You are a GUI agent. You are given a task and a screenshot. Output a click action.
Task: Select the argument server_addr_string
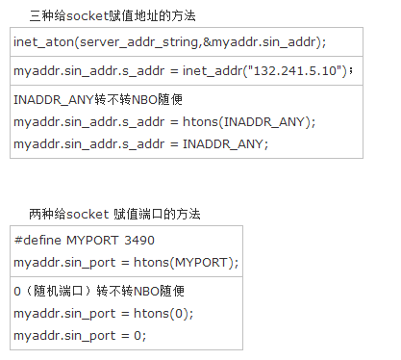[139, 42]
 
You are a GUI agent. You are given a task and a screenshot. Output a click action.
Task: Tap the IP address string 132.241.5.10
[294, 70]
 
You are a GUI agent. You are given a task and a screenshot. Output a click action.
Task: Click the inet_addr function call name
[212, 70]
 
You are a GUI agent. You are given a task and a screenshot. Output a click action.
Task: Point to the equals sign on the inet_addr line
[174, 71]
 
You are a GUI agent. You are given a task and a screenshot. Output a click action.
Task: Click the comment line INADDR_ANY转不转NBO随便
[98, 99]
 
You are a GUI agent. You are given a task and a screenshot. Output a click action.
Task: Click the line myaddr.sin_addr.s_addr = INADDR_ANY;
[140, 144]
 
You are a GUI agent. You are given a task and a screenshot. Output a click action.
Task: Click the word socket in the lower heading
[88, 214]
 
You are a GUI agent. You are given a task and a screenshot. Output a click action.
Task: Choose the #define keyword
[38, 240]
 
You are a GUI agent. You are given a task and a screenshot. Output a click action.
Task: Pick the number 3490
[139, 241]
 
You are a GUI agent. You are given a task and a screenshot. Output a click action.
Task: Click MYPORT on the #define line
[92, 241]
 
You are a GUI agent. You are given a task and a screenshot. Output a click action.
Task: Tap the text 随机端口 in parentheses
[59, 291]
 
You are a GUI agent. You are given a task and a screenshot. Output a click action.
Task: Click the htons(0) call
[162, 314]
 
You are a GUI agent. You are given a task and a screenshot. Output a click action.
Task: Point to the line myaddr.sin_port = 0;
[80, 336]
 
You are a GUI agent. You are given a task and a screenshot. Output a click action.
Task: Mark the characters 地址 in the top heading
[146, 15]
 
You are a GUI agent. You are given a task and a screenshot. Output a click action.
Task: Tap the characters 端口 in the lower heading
[151, 214]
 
